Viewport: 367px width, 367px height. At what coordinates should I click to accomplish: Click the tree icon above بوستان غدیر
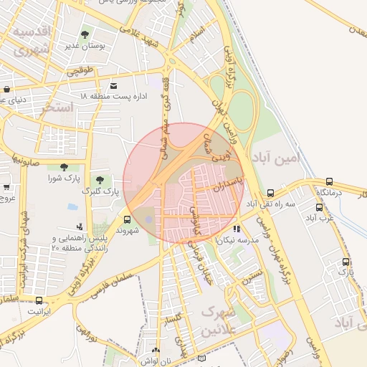click(x=85, y=34)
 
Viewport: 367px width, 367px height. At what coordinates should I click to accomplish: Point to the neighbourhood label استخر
click(x=57, y=108)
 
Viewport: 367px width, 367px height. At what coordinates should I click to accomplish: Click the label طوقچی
click(x=81, y=72)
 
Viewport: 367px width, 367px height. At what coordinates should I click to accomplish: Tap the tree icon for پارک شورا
click(x=64, y=167)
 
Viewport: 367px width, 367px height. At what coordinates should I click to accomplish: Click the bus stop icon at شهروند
click(x=127, y=220)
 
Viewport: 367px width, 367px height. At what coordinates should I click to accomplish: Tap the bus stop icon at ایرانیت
click(x=39, y=301)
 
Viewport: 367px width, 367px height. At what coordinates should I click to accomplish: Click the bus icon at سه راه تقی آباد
click(x=270, y=193)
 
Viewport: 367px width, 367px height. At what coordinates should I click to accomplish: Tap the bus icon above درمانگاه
click(x=329, y=182)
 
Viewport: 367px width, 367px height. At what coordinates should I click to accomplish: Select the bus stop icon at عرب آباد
click(x=319, y=207)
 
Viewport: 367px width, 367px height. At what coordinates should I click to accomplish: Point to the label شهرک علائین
click(x=219, y=320)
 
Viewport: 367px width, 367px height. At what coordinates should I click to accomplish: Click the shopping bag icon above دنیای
click(x=6, y=90)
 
